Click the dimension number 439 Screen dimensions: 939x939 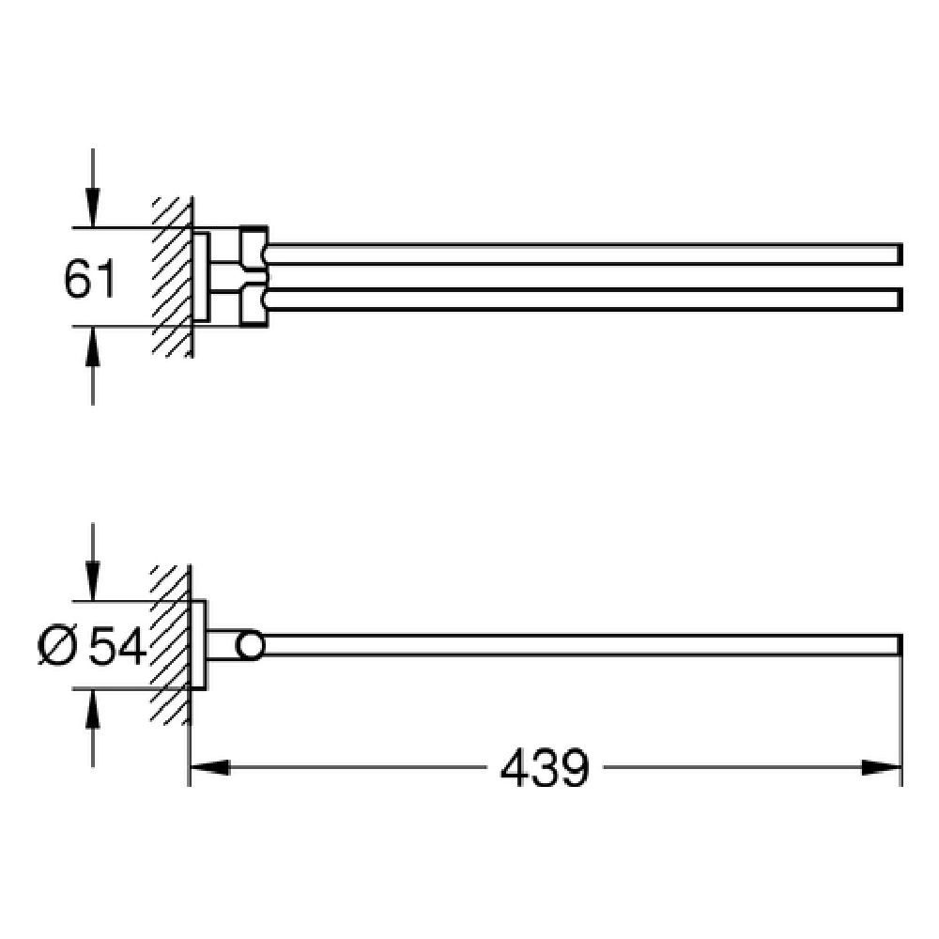point(545,768)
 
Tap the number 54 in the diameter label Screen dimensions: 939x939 point(117,646)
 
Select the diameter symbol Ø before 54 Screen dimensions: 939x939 point(57,646)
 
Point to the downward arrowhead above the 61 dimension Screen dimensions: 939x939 point(92,208)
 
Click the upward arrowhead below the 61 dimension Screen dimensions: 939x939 point(92,347)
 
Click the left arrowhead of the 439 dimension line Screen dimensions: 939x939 point(209,767)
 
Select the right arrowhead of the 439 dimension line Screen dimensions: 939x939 point(882,767)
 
